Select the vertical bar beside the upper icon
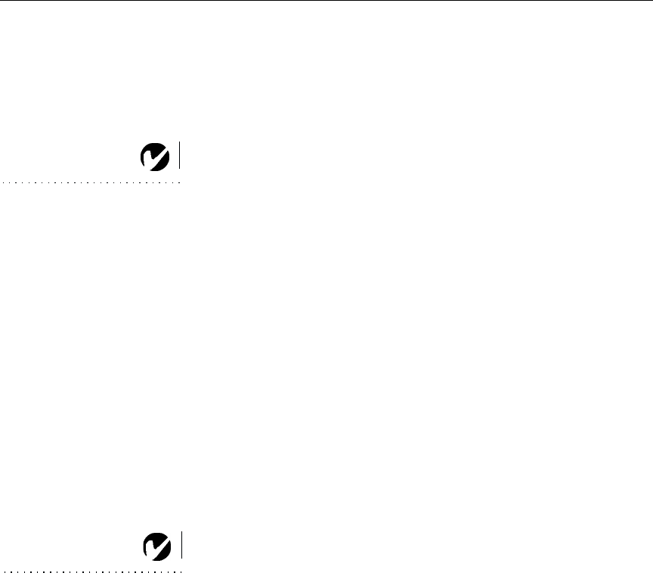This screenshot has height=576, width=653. pos(180,155)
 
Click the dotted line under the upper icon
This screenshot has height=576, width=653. pos(91,182)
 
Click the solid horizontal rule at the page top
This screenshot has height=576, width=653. pos(326,1)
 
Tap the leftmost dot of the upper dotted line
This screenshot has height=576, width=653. pos(2,182)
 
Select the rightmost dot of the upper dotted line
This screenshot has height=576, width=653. pos(180,182)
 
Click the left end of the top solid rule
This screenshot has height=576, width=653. pos(1,1)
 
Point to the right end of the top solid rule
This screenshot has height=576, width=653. pos(651,1)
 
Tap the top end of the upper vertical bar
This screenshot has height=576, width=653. pos(180,143)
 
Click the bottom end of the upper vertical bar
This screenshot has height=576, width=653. pos(180,167)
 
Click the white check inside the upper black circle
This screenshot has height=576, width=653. pos(150,158)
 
